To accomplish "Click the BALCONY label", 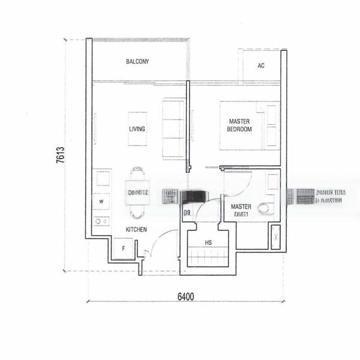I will [137, 62].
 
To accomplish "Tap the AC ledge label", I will [261, 66].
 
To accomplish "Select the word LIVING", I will [137, 129].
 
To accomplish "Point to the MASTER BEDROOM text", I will [239, 125].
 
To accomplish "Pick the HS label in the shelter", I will [208, 243].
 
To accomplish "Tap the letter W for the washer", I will [101, 202].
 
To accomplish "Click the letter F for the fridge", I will [123, 247].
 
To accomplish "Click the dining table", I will [137, 193].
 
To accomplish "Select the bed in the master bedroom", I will [250, 125].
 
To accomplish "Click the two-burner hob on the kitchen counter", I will [101, 221].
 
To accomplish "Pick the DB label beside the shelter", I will [187, 212].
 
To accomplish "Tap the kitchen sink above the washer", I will [103, 179].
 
